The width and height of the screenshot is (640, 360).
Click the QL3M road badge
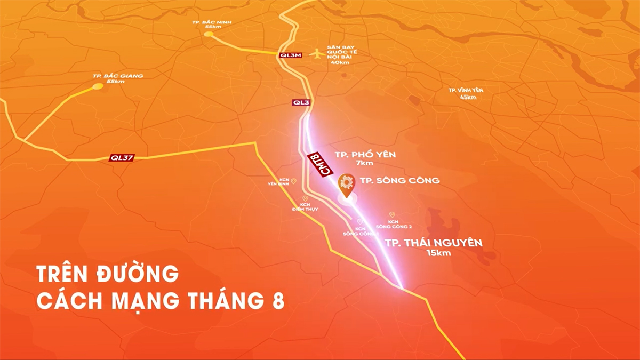click(290, 55)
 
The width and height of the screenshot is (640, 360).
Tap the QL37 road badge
click(122, 158)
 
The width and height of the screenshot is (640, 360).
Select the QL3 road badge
click(301, 102)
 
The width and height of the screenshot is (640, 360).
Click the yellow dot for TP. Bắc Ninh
click(209, 34)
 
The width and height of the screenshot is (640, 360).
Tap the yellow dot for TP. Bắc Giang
click(98, 86)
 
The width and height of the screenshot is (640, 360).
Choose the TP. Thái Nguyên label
click(434, 243)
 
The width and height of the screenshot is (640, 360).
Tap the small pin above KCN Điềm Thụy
click(305, 198)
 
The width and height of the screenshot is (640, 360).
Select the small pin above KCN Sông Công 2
click(392, 214)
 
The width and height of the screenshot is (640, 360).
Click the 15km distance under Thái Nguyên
click(438, 253)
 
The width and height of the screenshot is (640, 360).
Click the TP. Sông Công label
click(400, 180)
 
